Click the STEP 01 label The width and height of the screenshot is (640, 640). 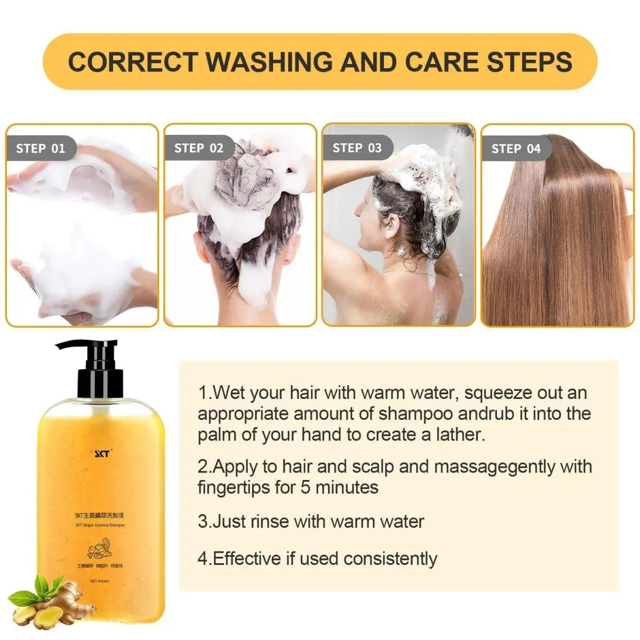pos(41,148)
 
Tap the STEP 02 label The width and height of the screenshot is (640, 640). pos(198,148)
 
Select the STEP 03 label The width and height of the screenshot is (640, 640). pos(357,148)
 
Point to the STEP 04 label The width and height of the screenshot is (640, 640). pos(516,149)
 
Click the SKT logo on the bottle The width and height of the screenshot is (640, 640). pos(101,454)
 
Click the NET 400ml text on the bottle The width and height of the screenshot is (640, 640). pos(100,581)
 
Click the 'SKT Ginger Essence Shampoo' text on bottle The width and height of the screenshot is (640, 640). pos(100,525)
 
